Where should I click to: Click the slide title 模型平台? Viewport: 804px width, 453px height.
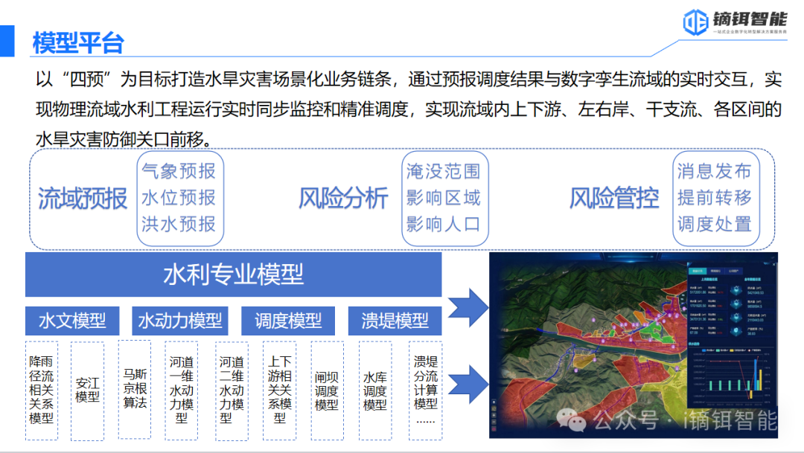tap(77, 42)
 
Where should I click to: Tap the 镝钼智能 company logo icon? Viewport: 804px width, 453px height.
tap(695, 20)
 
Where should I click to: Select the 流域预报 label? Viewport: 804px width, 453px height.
tap(83, 199)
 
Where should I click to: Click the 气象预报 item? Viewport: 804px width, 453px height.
tap(179, 172)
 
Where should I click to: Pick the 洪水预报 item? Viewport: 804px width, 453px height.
tap(179, 224)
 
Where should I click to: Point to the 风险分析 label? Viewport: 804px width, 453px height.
tap(343, 199)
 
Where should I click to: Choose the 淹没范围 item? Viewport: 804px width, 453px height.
tap(444, 172)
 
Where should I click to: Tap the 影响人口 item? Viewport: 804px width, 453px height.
tap(444, 224)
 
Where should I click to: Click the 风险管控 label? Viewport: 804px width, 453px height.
tap(614, 199)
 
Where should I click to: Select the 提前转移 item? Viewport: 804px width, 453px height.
tap(715, 198)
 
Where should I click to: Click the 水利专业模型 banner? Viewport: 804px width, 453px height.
tap(233, 274)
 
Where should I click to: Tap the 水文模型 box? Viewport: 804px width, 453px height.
tap(72, 321)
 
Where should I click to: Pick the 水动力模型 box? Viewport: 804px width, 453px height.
tap(180, 321)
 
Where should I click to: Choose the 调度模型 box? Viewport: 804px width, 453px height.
tap(288, 321)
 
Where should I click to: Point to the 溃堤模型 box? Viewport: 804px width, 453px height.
tap(395, 321)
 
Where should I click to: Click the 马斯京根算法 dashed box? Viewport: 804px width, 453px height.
tap(135, 388)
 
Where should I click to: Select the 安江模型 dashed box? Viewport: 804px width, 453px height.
tap(87, 390)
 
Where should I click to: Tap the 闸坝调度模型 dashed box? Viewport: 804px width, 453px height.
tap(327, 391)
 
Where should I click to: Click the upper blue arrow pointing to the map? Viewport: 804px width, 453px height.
tap(467, 304)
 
